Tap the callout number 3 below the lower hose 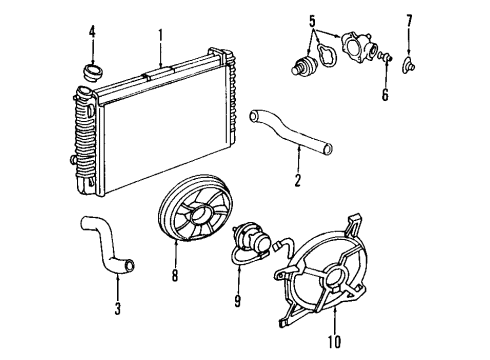point(117,309)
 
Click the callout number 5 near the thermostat point(312,19)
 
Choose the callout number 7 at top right point(408,19)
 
